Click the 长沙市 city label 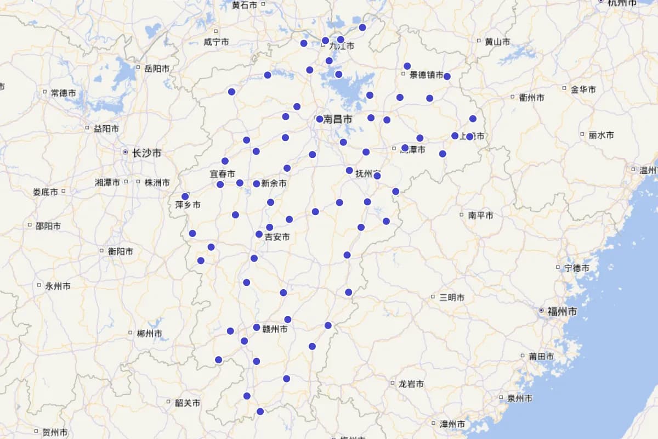(147, 153)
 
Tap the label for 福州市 (563, 311)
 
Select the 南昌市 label (338, 119)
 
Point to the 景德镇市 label (427, 75)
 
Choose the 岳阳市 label (157, 69)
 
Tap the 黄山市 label (497, 41)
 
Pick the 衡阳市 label (120, 251)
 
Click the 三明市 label (452, 297)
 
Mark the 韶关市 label (188, 403)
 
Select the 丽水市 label (601, 135)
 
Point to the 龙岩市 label (411, 384)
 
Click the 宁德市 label (577, 268)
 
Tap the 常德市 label (63, 93)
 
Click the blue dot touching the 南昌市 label (320, 119)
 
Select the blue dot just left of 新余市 (256, 184)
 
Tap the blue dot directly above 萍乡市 (185, 196)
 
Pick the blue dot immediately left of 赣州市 (257, 328)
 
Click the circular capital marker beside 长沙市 (126, 152)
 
